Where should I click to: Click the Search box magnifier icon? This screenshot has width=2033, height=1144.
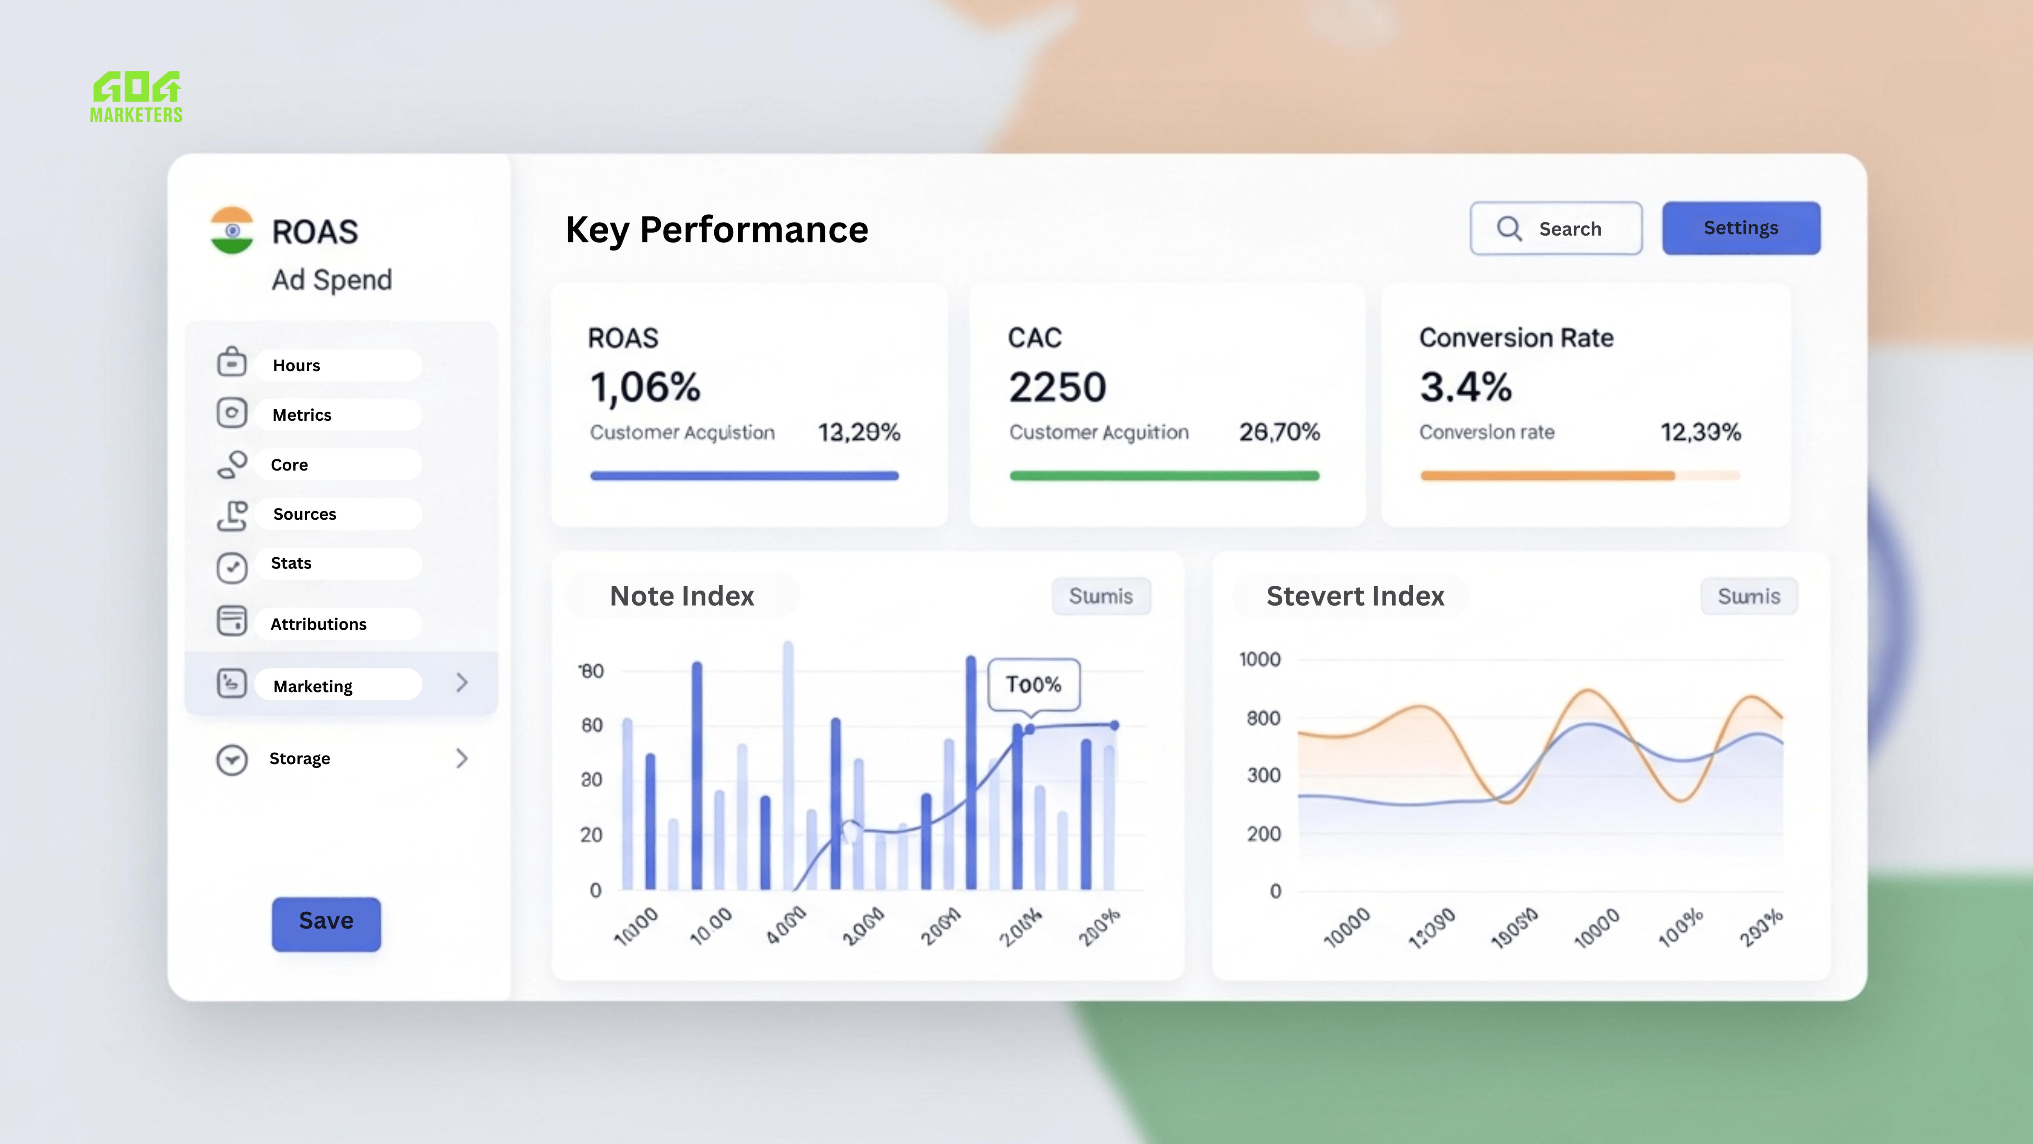(x=1509, y=228)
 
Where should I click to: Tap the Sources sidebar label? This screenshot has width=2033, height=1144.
(x=305, y=514)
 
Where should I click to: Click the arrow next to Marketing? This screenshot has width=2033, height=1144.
(x=462, y=683)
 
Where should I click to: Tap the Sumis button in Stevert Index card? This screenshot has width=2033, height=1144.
(x=1749, y=596)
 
